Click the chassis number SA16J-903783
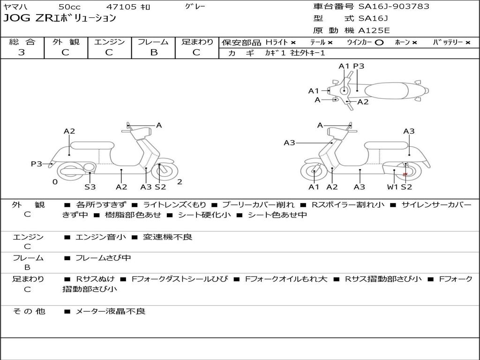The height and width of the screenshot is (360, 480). (394, 7)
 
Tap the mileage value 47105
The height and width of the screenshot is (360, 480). (121, 7)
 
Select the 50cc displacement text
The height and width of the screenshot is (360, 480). (69, 7)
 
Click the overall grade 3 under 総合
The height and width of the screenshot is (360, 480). (22, 52)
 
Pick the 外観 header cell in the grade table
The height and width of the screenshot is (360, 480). (66, 42)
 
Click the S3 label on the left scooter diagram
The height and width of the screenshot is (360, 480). (90, 187)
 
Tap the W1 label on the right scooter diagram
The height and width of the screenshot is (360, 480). (392, 187)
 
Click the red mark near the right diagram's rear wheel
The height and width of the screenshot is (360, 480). (405, 174)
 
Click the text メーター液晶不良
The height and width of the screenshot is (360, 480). (111, 311)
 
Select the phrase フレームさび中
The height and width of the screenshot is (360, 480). (103, 258)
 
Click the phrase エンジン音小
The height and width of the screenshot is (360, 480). (101, 237)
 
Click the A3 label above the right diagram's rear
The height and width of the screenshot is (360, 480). (409, 131)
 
